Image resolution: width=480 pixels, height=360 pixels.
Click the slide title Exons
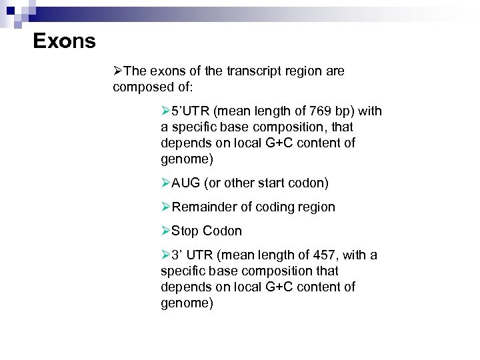tap(64, 41)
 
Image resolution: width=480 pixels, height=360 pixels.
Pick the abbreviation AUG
tap(186, 183)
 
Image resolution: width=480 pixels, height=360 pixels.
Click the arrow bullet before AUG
tap(166, 183)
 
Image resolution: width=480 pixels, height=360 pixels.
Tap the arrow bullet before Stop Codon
tap(166, 231)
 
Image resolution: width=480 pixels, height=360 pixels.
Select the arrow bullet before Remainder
tap(166, 207)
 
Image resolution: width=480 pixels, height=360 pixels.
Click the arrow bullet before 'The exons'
tap(118, 71)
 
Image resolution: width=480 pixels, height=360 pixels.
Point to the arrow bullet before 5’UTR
tap(166, 111)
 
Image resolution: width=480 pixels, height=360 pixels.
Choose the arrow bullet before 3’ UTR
tap(166, 255)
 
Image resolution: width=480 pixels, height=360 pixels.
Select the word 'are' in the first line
tap(335, 71)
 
